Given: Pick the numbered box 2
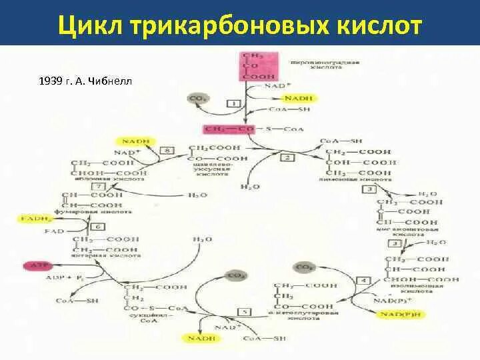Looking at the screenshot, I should (287, 157).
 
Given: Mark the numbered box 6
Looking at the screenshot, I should (98, 227).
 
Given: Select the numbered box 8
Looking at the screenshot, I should (167, 151).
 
